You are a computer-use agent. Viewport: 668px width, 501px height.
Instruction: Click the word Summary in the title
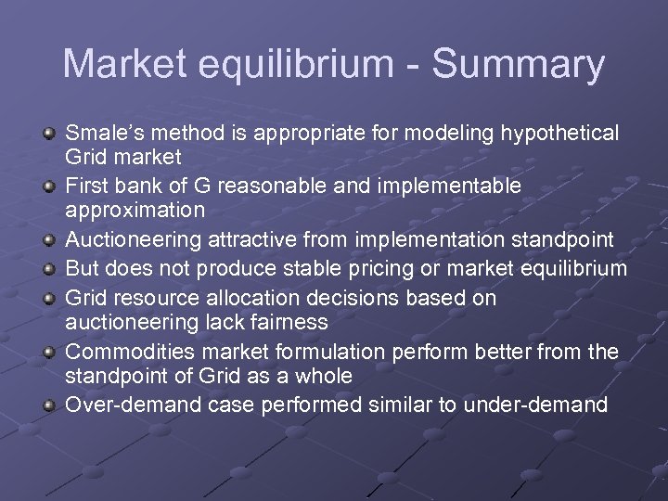[x=518, y=65]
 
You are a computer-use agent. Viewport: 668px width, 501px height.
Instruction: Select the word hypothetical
[x=560, y=133]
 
